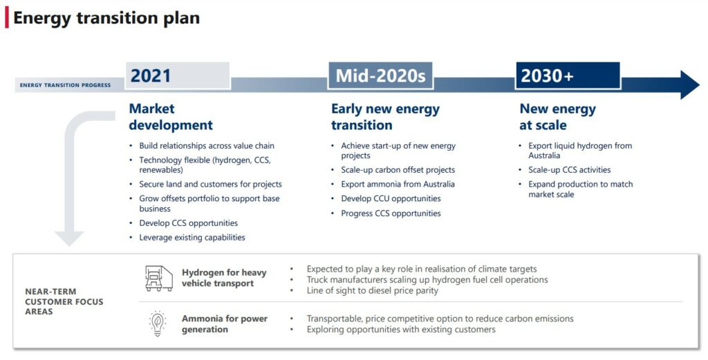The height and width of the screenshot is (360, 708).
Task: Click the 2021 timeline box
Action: (177, 76)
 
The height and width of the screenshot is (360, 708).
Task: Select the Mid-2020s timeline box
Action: (380, 76)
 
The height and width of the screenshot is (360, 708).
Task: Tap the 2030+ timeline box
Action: (567, 76)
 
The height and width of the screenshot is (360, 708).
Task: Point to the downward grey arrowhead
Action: (69, 238)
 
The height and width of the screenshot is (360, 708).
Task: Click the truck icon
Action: (158, 278)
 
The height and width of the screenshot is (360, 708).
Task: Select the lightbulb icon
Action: (158, 324)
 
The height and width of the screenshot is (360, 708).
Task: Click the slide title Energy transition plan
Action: (106, 18)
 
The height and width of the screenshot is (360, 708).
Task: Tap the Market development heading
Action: (171, 117)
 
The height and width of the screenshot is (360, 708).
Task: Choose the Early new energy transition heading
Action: (385, 117)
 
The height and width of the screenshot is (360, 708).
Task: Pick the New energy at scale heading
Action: (557, 117)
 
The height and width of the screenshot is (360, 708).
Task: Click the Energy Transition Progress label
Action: (65, 86)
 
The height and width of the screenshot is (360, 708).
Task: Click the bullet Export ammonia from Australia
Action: (398, 184)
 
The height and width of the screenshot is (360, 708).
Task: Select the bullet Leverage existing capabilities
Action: (192, 238)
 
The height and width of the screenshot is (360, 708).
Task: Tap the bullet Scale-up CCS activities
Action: (570, 170)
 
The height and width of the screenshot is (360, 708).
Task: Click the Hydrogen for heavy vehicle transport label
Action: (224, 278)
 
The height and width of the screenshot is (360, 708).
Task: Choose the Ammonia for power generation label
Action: (225, 324)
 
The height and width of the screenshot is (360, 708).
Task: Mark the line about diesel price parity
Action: (373, 291)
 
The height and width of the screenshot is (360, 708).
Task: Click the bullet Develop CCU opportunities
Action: (391, 199)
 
